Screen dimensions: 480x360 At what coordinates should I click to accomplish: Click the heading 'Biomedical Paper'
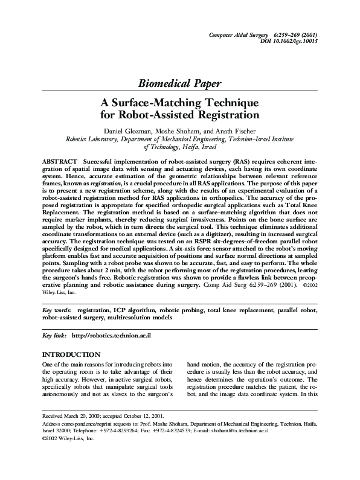click(x=179, y=83)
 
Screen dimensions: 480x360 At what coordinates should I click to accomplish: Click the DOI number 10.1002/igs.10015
click(x=296, y=41)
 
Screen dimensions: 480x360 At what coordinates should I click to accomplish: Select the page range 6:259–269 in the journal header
click(x=287, y=34)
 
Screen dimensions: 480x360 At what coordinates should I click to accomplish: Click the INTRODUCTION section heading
click(x=71, y=354)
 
